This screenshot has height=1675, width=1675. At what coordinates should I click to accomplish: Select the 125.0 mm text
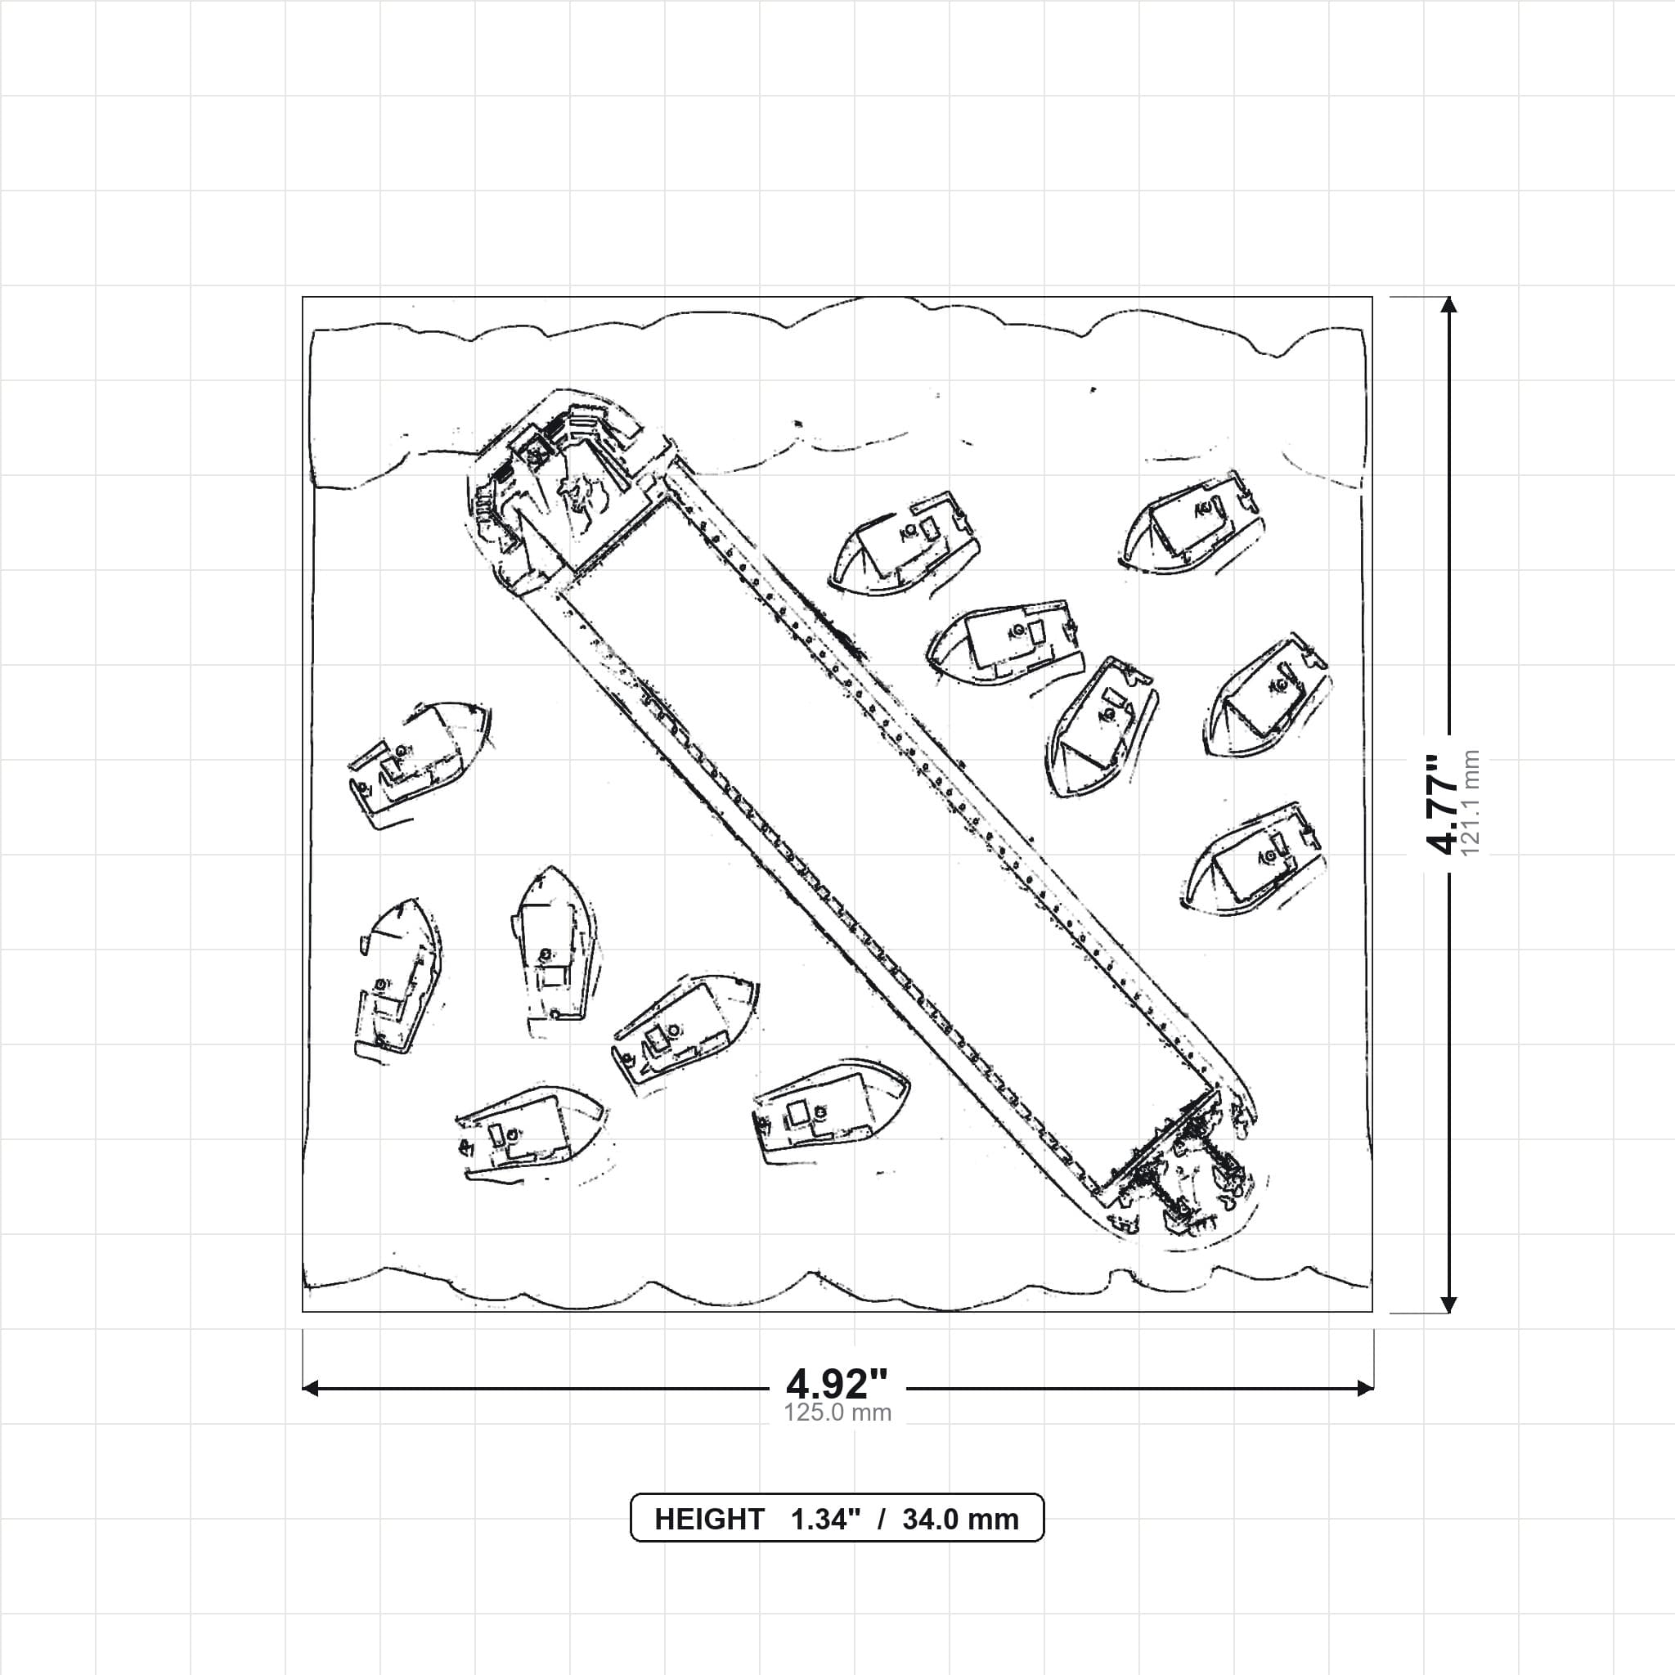click(837, 1413)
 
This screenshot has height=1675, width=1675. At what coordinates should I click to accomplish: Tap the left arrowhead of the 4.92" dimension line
click(310, 1388)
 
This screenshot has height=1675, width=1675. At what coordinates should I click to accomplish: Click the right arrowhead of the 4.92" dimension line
click(1365, 1388)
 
